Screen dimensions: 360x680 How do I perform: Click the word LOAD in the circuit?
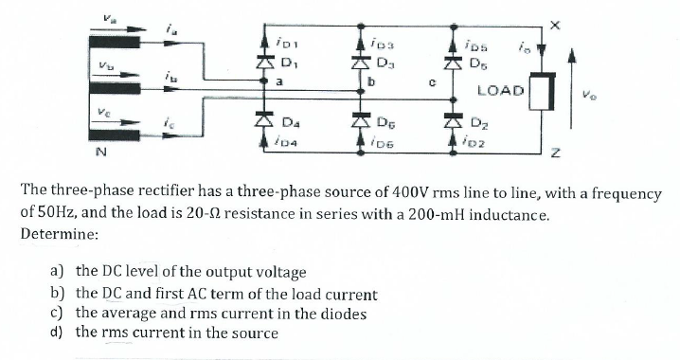[x=500, y=92]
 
